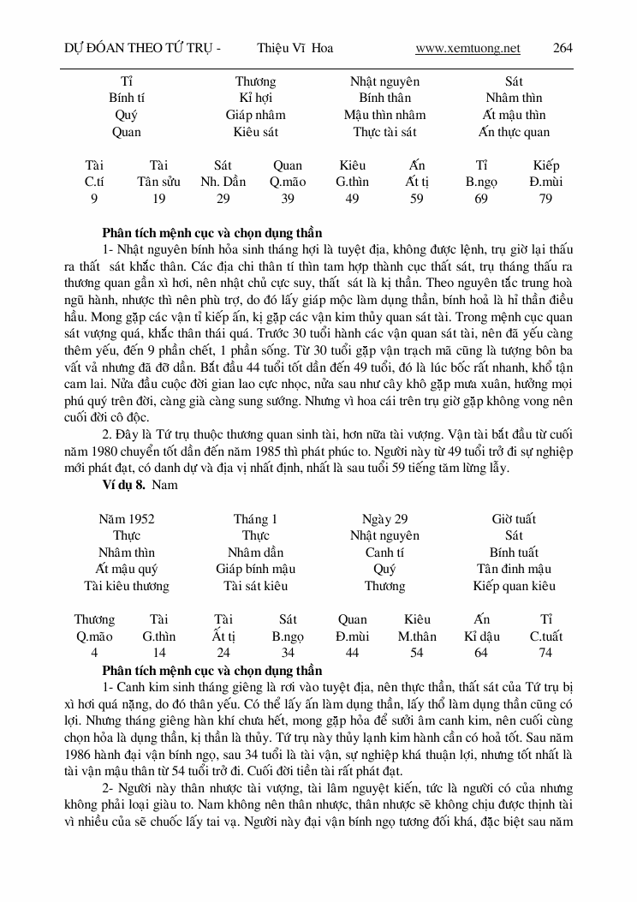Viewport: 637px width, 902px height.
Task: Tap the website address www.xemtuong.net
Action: tap(467, 48)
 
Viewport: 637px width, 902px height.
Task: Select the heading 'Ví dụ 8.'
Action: tap(123, 486)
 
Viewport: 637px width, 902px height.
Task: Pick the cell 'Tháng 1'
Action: tap(255, 519)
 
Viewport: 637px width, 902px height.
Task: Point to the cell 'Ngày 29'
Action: tap(384, 519)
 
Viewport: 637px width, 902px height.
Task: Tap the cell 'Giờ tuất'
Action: tap(514, 519)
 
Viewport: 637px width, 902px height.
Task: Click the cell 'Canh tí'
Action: tap(384, 553)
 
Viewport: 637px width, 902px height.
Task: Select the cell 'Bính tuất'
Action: tap(514, 553)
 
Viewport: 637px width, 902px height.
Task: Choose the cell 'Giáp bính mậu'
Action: tap(255, 569)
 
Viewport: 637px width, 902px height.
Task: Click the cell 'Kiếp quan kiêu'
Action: tap(514, 586)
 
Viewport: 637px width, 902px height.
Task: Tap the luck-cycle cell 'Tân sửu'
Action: tap(158, 182)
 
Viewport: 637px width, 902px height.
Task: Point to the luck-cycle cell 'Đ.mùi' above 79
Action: tap(545, 182)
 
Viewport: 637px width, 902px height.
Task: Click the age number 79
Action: tap(545, 199)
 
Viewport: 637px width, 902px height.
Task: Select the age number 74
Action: tap(545, 653)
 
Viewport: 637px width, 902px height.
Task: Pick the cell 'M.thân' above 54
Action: tap(416, 636)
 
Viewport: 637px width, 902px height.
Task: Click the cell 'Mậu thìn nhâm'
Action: tap(384, 115)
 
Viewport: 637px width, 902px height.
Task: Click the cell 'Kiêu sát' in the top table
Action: tap(255, 132)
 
